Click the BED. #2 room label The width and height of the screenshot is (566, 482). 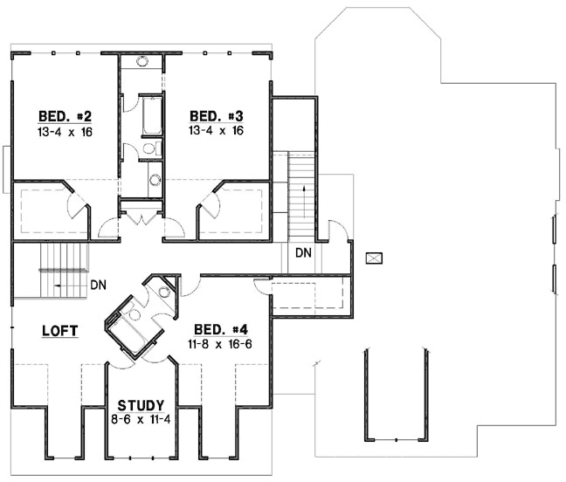pos(66,116)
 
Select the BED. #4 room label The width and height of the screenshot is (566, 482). pos(221,329)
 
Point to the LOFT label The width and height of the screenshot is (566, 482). pos(60,330)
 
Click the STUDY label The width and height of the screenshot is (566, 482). pos(141,405)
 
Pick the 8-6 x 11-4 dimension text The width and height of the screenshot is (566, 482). pos(141,419)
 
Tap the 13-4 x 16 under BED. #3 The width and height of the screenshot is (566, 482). pos(216,131)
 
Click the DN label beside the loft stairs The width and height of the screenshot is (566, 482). pos(99,286)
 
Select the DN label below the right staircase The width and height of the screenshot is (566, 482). pos(303,253)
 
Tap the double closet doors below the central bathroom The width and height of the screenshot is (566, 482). pos(141,216)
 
